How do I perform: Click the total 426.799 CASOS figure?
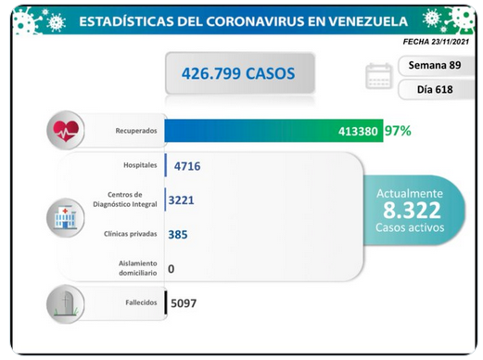pyautogui.click(x=238, y=73)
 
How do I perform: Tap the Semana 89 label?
pyautogui.click(x=435, y=65)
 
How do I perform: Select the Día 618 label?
pyautogui.click(x=435, y=89)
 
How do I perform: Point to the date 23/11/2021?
pyautogui.click(x=451, y=42)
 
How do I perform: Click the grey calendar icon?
pyautogui.click(x=379, y=76)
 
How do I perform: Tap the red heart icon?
pyautogui.click(x=66, y=131)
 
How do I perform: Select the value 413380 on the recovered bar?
pyautogui.click(x=358, y=132)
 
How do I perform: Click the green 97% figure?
pyautogui.click(x=398, y=131)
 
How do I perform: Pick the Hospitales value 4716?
pyautogui.click(x=187, y=166)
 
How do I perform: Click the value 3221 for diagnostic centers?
pyautogui.click(x=181, y=200)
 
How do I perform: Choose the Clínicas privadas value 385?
pyautogui.click(x=178, y=235)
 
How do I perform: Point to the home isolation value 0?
pyautogui.click(x=172, y=269)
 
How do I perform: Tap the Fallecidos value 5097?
pyautogui.click(x=184, y=303)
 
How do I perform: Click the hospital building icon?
pyautogui.click(x=65, y=218)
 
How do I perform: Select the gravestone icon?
pyautogui.click(x=66, y=304)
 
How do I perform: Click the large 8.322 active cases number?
pyautogui.click(x=412, y=210)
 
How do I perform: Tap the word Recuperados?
pyautogui.click(x=136, y=131)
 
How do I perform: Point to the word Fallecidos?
pyautogui.click(x=141, y=302)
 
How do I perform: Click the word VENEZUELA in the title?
pyautogui.click(x=368, y=21)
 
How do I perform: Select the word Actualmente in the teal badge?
pyautogui.click(x=410, y=194)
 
